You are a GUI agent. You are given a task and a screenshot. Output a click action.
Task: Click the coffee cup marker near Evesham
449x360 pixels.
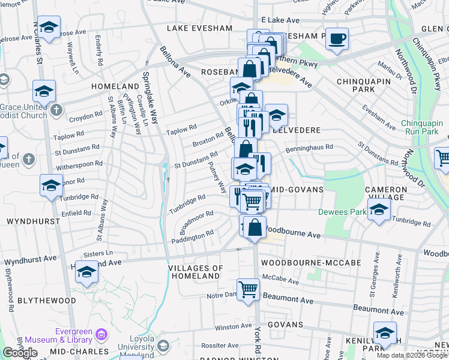(x=337, y=38)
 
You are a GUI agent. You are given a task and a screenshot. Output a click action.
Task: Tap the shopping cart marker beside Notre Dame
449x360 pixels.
(x=248, y=290)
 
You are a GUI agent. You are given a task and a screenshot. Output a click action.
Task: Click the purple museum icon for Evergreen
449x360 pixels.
(x=101, y=334)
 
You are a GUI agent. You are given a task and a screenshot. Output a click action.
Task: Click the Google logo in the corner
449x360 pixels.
(x=19, y=352)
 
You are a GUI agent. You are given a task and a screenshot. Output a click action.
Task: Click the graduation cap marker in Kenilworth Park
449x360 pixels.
(x=385, y=332)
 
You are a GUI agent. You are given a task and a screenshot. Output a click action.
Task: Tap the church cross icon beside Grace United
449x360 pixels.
(x=56, y=110)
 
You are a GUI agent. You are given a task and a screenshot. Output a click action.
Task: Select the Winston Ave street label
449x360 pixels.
(x=229, y=327)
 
